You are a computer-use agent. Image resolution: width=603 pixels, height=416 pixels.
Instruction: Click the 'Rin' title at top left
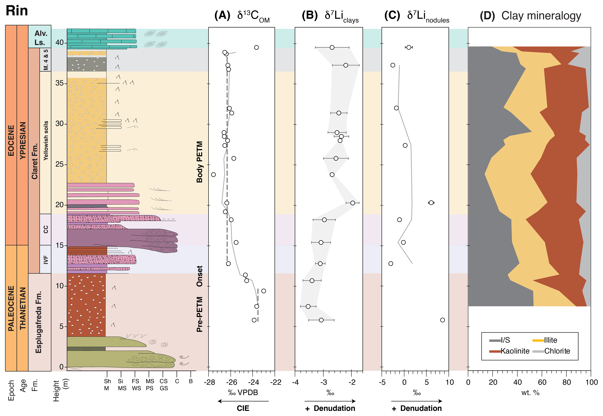point(17,11)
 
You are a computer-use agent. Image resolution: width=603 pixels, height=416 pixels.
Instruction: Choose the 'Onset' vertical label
point(199,276)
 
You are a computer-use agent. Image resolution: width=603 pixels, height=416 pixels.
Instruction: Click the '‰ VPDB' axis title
point(243,393)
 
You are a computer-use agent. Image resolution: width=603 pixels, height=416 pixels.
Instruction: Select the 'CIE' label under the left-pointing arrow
point(243,408)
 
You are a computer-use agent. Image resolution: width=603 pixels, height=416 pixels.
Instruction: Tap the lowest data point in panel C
point(442,320)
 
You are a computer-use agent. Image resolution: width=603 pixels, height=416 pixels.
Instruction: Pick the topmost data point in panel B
point(332,47)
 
